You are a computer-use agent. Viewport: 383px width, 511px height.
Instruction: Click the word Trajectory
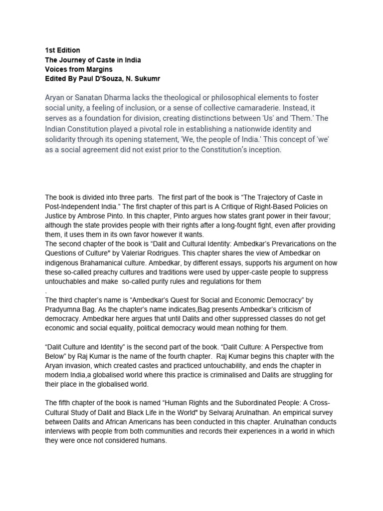270,197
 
